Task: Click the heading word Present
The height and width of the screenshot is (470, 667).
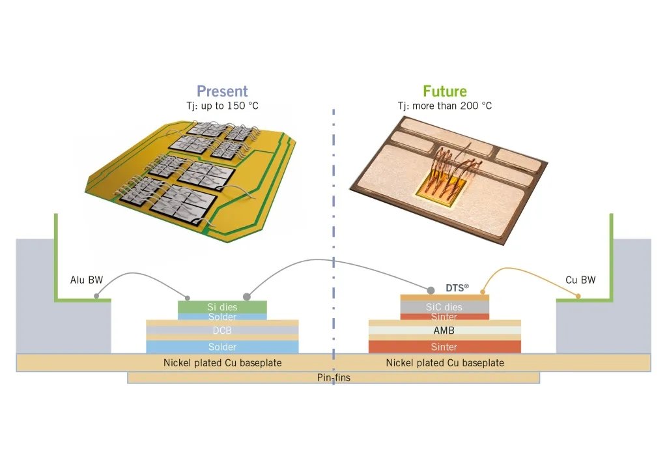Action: (x=222, y=91)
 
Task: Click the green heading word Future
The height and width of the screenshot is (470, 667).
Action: (x=445, y=91)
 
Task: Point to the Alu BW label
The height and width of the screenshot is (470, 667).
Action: (x=83, y=280)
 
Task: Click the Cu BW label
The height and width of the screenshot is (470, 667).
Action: (x=580, y=280)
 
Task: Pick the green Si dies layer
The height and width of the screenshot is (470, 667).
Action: (x=222, y=306)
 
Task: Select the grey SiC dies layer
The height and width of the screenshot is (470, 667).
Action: (x=444, y=307)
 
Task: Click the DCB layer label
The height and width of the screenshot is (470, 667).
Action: (x=222, y=331)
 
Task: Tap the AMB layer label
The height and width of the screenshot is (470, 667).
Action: (x=444, y=331)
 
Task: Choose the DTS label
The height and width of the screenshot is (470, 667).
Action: (x=457, y=287)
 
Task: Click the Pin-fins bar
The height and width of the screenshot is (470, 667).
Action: (x=333, y=377)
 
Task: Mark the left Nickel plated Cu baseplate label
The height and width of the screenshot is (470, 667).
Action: (x=222, y=362)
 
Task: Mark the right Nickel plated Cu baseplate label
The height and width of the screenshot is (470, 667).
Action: (x=444, y=362)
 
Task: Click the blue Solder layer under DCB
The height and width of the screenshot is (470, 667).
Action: (x=222, y=347)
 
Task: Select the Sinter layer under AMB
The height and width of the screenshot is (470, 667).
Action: (x=444, y=347)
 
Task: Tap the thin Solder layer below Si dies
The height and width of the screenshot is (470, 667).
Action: (x=222, y=316)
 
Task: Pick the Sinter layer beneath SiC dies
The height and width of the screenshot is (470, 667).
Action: (x=444, y=317)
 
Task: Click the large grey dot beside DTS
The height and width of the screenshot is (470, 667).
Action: (x=431, y=289)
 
